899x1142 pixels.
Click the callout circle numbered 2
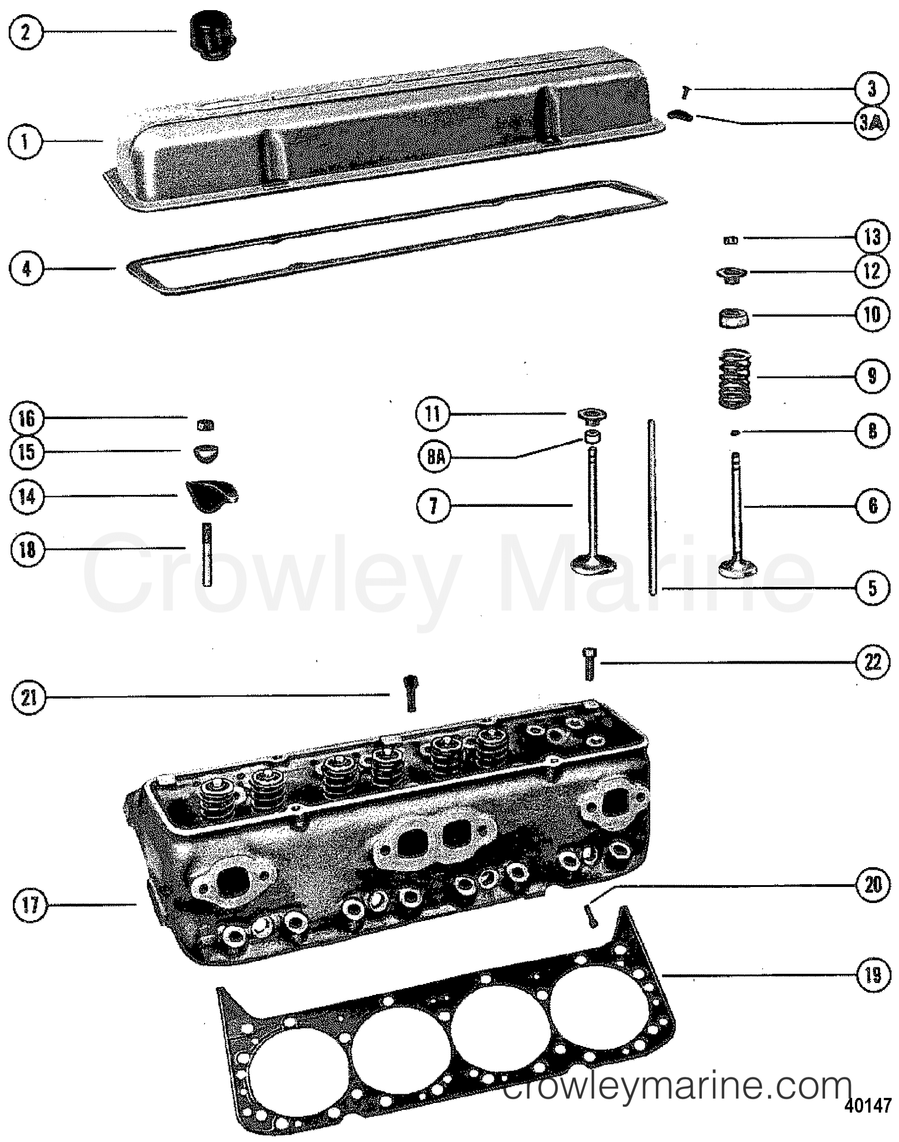tap(25, 33)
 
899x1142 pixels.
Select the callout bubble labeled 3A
tap(871, 124)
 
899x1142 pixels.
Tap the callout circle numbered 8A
tap(435, 457)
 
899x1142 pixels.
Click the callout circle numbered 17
tap(30, 905)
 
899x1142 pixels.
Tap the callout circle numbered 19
tap(872, 975)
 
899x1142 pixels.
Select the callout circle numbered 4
tap(26, 269)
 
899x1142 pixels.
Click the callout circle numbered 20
tap(872, 885)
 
